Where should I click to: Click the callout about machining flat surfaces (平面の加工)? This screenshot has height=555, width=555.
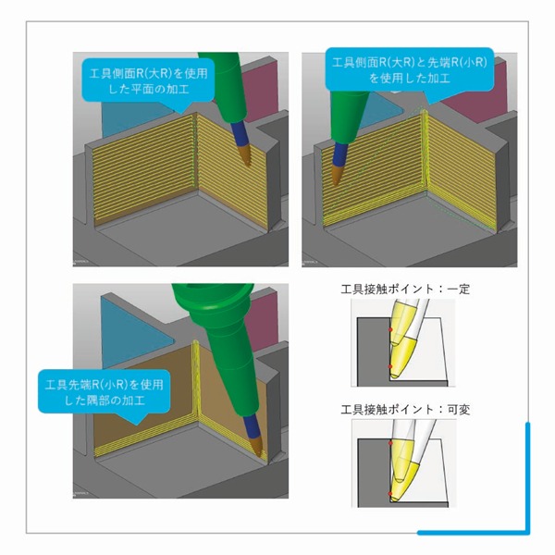click(148, 80)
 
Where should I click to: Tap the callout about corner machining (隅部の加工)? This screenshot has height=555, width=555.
click(104, 392)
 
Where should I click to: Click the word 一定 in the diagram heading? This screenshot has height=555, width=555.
click(459, 290)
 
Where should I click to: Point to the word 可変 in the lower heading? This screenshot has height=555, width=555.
click(459, 410)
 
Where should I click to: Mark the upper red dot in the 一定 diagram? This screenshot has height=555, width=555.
click(390, 329)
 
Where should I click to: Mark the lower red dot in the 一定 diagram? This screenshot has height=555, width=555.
click(390, 366)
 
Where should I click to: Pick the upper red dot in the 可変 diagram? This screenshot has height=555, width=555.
click(390, 443)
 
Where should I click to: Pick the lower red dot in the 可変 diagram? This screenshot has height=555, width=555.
click(390, 493)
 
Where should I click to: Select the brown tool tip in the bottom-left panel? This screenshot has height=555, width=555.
click(257, 445)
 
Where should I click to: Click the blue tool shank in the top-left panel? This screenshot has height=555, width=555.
click(238, 133)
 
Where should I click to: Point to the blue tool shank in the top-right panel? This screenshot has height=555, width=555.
click(340, 154)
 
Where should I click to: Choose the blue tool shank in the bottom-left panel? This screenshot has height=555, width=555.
click(251, 424)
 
